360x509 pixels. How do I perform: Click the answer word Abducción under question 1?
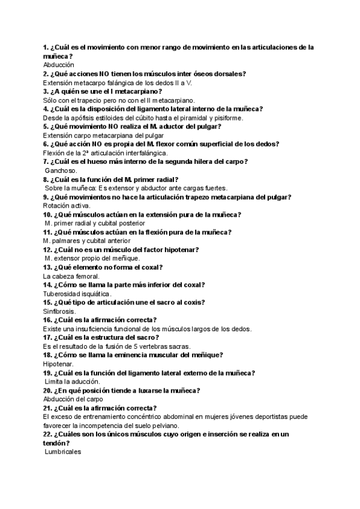58,65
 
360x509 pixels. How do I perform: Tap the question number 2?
46,74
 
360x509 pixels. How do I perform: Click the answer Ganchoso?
61,171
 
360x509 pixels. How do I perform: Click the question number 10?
47,215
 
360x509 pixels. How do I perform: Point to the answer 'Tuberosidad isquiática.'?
77,294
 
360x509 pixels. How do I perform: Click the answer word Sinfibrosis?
59,312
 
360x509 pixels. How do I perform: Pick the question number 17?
47,338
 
